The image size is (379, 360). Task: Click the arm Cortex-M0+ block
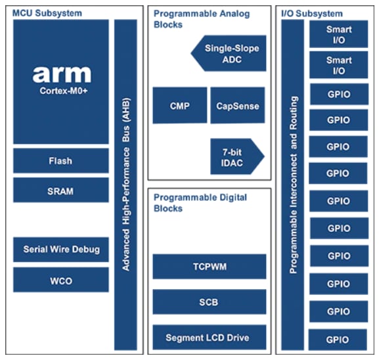pos(60,81)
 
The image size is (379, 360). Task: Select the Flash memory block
pos(60,161)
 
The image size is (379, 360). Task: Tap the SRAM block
pos(60,191)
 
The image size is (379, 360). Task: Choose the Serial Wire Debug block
pos(60,250)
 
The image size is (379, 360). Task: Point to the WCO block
pos(60,281)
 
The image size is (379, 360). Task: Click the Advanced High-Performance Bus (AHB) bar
pos(125,184)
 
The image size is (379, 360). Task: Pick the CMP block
pos(179,105)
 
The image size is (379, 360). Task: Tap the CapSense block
pos(238,105)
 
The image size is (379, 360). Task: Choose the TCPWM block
pos(209,267)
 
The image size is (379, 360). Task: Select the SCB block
pos(209,302)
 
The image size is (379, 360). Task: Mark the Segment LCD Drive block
pos(209,338)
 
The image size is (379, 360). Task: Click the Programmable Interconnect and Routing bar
pos(294,184)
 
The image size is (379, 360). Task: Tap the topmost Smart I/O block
pos(338,34)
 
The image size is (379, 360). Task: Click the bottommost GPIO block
pos(338,339)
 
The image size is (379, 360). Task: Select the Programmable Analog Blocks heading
pos(190,18)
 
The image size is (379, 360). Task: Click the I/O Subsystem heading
pos(311,13)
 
